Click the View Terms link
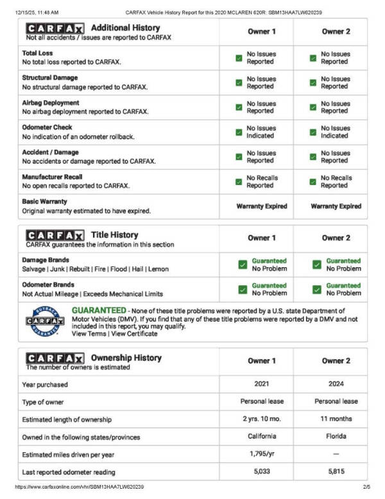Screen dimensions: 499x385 [x=88, y=334]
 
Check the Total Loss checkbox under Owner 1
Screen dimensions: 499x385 [x=239, y=58]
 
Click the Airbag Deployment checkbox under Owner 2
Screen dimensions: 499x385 [x=313, y=107]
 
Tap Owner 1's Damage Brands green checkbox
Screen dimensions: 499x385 [x=242, y=265]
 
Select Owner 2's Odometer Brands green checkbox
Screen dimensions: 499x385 [x=316, y=289]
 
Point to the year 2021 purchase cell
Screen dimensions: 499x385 [x=262, y=385]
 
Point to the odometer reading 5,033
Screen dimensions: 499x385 [x=262, y=470]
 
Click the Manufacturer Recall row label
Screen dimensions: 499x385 [x=52, y=177]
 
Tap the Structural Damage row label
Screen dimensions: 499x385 [x=50, y=78]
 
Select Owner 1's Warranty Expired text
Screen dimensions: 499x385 [x=262, y=207]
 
